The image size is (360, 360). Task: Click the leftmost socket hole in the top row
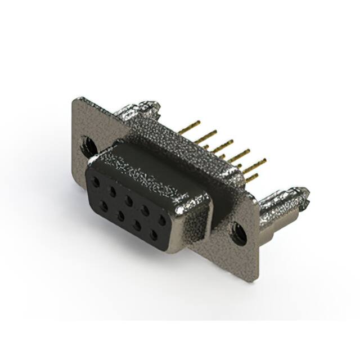pos(97,182)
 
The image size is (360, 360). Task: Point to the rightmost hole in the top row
pos(162,219)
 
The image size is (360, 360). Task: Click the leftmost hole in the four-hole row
pos(104,206)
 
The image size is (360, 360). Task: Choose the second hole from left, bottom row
pos(120,215)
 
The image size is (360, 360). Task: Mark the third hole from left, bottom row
pos(137,224)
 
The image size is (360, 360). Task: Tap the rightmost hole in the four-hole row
pos(153,234)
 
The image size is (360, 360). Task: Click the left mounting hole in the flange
pos(88,146)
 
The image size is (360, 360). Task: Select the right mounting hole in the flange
pos(239,233)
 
